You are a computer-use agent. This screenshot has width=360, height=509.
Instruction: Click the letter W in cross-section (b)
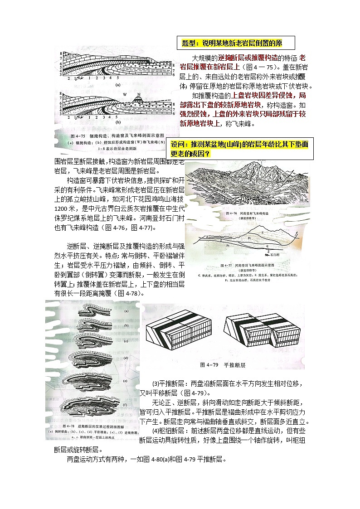coord(124,94)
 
